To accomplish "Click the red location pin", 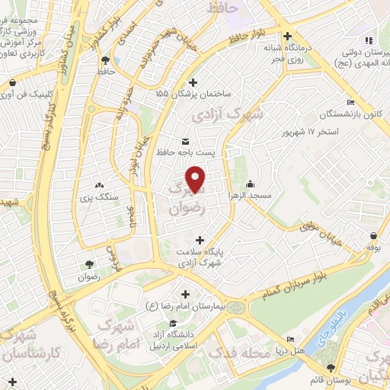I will click(x=197, y=179).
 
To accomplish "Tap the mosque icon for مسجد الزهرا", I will click(x=251, y=184).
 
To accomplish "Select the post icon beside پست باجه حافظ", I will click(x=187, y=142).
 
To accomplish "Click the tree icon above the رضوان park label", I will click(x=91, y=264).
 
